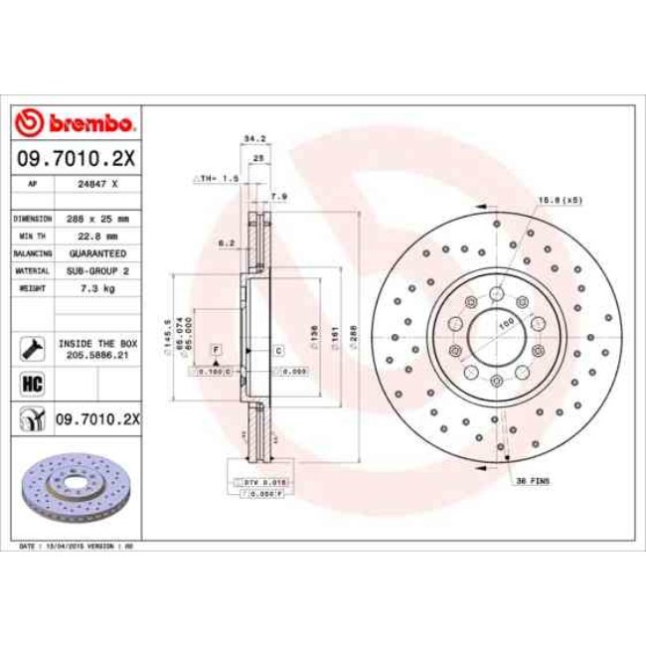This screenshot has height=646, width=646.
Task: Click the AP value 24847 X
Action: tap(99, 185)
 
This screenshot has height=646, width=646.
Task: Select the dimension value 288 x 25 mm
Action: tap(99, 218)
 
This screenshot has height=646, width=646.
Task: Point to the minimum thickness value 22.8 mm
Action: tap(99, 236)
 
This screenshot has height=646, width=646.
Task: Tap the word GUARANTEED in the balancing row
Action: tap(99, 253)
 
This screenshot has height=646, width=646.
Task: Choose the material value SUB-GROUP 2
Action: tap(99, 270)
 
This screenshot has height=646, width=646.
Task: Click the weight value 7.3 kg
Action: tap(99, 288)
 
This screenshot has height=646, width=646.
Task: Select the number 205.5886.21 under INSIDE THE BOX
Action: tap(99, 352)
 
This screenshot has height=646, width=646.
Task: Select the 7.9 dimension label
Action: tap(279, 197)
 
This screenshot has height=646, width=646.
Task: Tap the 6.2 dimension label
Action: tap(226, 242)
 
